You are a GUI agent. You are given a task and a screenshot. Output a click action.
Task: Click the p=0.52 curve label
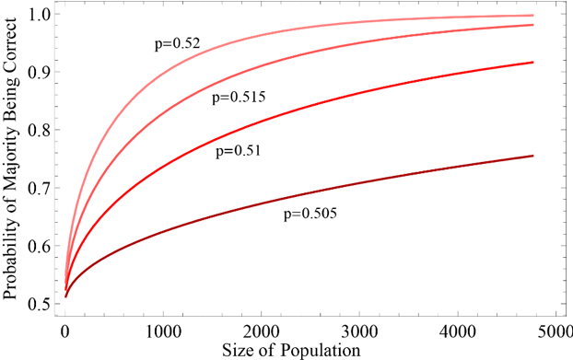[x=177, y=43]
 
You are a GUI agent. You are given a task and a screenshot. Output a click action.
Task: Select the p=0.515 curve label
[x=239, y=96]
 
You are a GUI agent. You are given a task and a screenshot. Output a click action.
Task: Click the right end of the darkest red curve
[x=532, y=156]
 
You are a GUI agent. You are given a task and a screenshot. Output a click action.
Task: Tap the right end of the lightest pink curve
[x=532, y=16]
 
